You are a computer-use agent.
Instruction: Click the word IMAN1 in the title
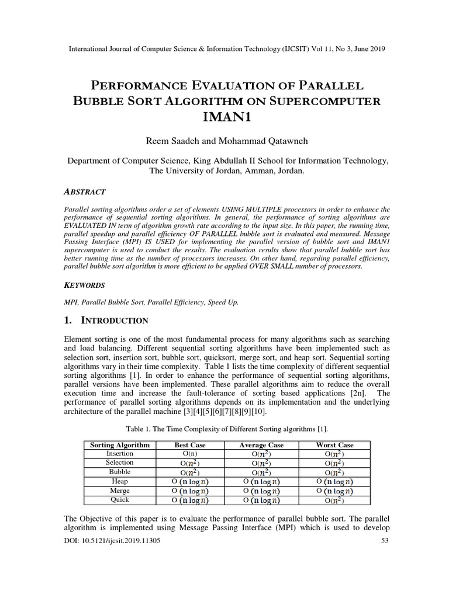224,118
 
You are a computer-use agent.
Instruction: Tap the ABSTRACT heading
84,192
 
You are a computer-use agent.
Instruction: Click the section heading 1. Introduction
105,320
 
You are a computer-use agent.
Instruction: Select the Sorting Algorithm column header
120,444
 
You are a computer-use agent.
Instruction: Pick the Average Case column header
261,444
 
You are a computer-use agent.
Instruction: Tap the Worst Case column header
334,444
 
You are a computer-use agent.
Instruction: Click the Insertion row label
120,453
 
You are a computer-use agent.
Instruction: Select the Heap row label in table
120,481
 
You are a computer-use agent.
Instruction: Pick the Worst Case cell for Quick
334,500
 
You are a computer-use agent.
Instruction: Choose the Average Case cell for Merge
261,491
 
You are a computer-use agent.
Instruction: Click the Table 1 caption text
224,429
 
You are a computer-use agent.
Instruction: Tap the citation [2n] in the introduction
339,394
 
